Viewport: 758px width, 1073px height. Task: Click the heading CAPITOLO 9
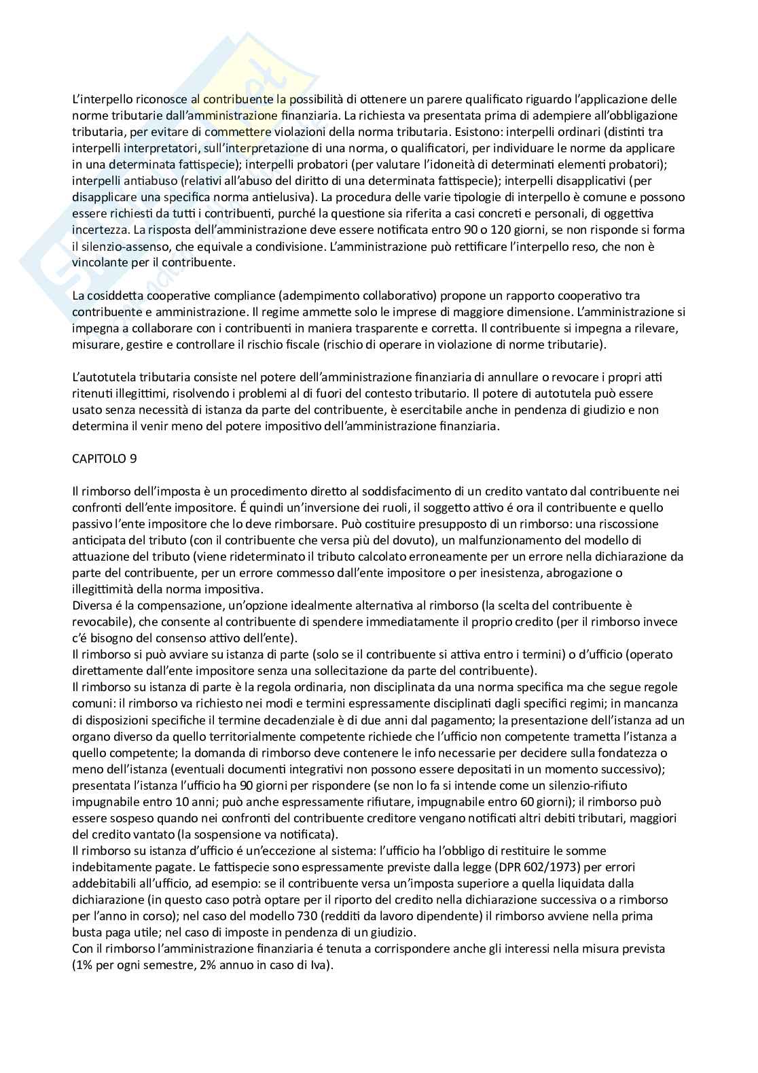(104, 458)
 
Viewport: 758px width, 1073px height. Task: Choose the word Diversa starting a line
(91, 605)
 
